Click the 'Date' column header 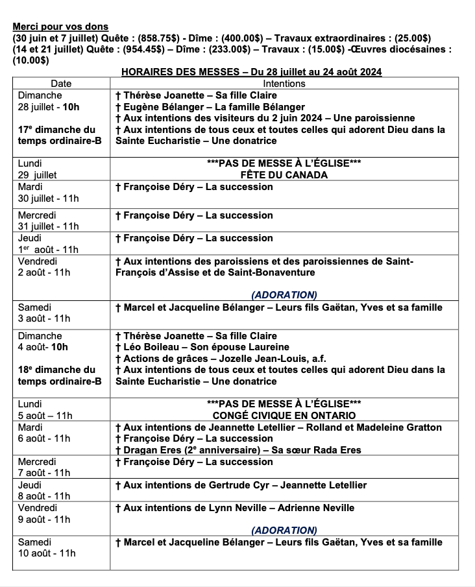click(x=61, y=84)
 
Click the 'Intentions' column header click(x=284, y=84)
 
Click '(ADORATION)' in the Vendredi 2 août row click(x=284, y=294)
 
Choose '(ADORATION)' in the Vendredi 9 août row click(x=284, y=531)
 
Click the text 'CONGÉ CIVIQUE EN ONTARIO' click(x=284, y=415)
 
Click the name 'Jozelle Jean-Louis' click(x=266, y=359)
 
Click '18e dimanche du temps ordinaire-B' click(x=60, y=376)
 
